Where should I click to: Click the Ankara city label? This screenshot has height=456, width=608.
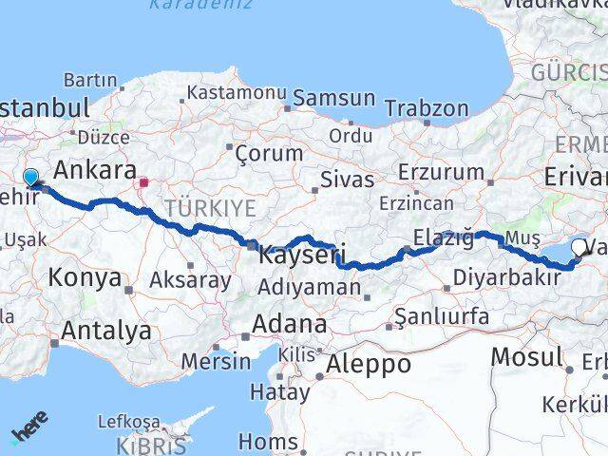click(x=94, y=171)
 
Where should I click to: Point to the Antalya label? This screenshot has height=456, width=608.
click(x=105, y=331)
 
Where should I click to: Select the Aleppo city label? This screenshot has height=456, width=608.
click(x=369, y=364)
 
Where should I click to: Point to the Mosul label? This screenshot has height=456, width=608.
click(x=527, y=357)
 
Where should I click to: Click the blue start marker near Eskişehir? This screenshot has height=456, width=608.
click(x=30, y=178)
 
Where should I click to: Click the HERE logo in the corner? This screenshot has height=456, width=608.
click(x=28, y=428)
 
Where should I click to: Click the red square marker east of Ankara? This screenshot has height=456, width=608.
click(x=143, y=183)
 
